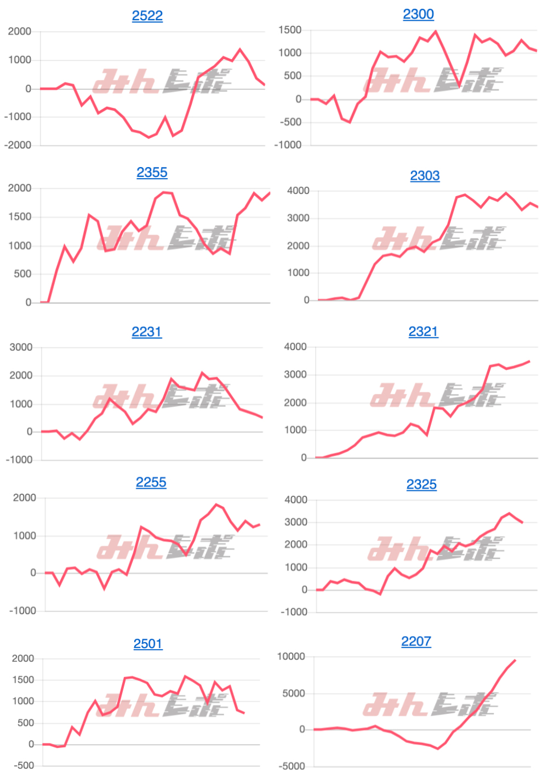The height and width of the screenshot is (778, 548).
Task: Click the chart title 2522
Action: [147, 15]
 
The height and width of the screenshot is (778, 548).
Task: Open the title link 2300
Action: [418, 14]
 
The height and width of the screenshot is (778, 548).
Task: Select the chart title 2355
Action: [152, 173]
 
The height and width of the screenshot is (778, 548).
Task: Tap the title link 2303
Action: [425, 176]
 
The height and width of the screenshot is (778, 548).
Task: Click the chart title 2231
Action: [146, 332]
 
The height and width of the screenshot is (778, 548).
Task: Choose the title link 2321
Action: [423, 331]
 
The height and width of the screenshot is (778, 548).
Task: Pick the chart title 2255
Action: [151, 483]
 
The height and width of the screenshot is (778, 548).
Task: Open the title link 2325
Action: [421, 485]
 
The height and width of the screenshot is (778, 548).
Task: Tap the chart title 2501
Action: [148, 644]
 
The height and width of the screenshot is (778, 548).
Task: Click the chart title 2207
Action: [416, 642]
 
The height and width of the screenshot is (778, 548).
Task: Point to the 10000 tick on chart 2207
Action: [291, 656]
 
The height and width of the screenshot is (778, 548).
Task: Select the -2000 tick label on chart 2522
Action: [18, 145]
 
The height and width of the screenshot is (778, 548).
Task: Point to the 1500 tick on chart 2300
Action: [290, 30]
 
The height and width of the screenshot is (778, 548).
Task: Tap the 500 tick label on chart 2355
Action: [22, 274]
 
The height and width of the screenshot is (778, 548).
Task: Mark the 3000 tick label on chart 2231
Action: [21, 347]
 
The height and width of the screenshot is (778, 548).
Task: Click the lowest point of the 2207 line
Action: [438, 748]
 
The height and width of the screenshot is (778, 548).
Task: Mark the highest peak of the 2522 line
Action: [240, 50]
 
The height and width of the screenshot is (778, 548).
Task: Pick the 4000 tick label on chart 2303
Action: [298, 191]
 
